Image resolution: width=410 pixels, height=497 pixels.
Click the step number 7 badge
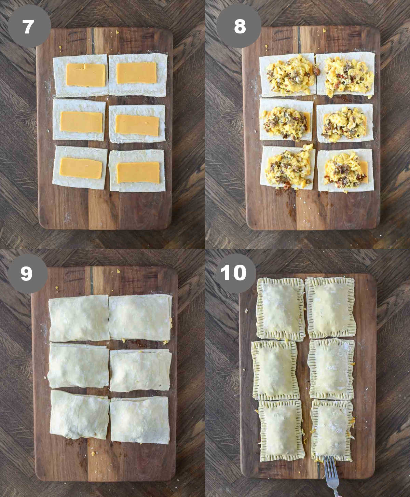tap(29, 26)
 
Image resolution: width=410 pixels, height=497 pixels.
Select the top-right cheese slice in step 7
tap(137, 73)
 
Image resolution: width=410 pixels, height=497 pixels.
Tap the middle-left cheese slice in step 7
tap(81, 122)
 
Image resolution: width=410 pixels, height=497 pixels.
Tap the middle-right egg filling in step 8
tap(343, 125)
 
